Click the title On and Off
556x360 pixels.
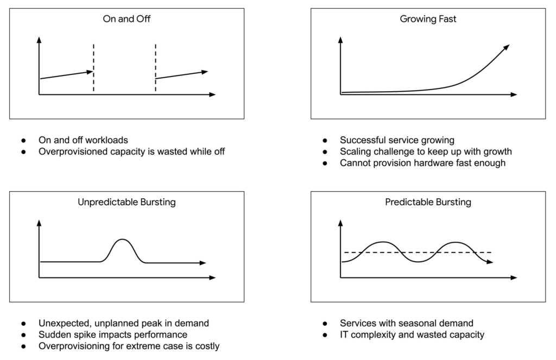[x=127, y=19]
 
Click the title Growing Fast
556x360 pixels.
[x=428, y=19]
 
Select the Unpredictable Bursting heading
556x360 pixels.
[x=127, y=203]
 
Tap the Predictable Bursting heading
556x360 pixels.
[x=428, y=203]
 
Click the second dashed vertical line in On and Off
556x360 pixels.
[x=156, y=60]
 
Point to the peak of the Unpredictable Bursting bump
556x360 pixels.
[x=123, y=239]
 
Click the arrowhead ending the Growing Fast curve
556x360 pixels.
[x=507, y=47]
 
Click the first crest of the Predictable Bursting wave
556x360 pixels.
[x=383, y=242]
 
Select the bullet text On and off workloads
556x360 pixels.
[x=83, y=140]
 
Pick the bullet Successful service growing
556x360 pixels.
[x=397, y=140]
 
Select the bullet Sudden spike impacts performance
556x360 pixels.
[x=112, y=334]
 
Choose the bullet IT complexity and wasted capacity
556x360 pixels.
[x=412, y=334]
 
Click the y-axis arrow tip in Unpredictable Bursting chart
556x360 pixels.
[x=39, y=221]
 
